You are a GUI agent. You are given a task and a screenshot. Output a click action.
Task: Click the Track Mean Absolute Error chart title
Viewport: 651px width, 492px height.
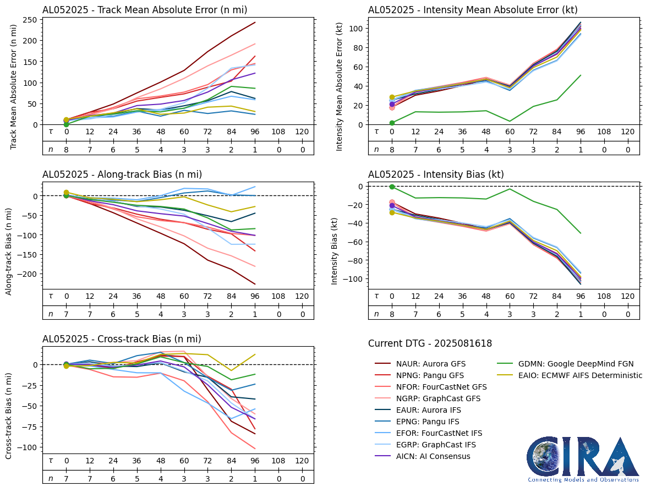(145, 9)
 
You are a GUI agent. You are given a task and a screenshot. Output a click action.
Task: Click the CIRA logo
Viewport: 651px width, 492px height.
(583, 460)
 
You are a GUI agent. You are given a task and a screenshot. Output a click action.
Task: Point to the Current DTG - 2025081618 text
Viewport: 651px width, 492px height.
(430, 343)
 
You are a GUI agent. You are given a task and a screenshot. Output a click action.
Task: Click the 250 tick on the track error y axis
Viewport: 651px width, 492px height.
(30, 20)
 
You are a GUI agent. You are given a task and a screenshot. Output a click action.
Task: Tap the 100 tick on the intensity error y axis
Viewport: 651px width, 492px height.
(356, 28)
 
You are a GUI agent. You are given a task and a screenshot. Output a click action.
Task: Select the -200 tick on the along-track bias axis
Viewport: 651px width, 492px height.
(28, 274)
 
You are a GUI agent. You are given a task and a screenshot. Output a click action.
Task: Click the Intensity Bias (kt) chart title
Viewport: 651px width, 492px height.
(436, 174)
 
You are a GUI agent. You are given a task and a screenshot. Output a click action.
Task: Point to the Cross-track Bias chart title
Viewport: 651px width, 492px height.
(122, 339)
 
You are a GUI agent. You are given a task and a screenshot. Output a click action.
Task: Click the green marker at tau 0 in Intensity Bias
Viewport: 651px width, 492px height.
(392, 187)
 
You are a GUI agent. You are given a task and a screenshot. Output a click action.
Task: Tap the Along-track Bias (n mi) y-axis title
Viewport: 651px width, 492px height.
(9, 252)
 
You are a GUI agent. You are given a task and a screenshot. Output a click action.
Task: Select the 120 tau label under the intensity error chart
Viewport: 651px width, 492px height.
(627, 132)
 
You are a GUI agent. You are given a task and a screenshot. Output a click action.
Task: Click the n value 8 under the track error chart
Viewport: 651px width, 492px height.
(66, 149)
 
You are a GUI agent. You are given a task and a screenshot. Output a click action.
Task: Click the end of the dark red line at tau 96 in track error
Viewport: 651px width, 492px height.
(255, 23)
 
